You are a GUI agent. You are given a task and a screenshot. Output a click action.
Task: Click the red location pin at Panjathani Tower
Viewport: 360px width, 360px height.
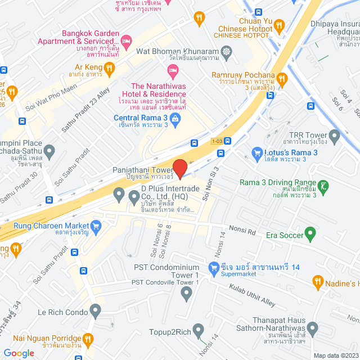[x=179, y=168]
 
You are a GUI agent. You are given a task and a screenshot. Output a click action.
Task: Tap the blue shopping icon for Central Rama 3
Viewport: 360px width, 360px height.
[x=175, y=118]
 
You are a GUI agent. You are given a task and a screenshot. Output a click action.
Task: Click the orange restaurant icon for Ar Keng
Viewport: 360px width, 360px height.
[x=110, y=68]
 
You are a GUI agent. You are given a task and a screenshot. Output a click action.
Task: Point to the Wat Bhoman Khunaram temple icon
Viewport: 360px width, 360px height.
[x=226, y=52]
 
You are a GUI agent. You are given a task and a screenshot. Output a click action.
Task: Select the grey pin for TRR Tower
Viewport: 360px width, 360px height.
[x=335, y=136]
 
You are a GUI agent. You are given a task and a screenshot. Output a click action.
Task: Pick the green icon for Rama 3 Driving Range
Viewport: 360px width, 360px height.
[x=323, y=185]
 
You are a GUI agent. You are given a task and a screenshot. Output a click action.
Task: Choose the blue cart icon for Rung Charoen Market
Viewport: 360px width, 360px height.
[x=96, y=227]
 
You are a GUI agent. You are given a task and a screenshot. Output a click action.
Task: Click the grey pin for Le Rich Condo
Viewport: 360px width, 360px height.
[x=95, y=309]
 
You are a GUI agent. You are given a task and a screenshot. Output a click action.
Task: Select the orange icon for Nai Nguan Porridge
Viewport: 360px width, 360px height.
[x=88, y=339]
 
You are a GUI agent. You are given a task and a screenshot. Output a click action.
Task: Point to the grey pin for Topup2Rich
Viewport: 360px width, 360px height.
[x=198, y=330]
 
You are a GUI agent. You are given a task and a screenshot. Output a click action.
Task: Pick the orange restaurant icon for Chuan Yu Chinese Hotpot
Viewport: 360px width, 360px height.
[x=199, y=19]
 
